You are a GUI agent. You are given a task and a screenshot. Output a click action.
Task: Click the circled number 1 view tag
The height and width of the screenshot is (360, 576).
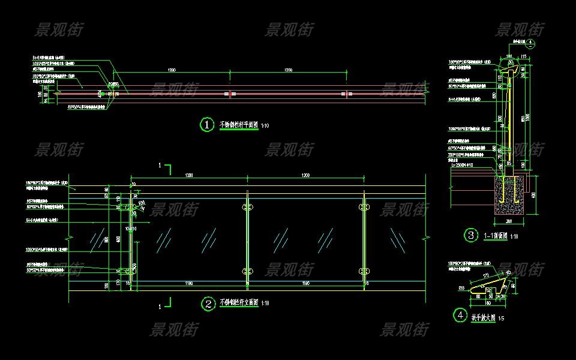pos(206,125)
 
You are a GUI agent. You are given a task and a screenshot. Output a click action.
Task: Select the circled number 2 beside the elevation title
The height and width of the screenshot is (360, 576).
pos(206,304)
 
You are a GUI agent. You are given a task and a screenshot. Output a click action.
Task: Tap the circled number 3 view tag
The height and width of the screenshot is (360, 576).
pos(471,235)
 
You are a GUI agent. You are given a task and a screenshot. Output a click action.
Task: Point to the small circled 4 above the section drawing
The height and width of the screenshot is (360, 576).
pos(530,43)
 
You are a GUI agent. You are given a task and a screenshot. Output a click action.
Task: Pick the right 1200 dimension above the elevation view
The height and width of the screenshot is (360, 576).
pos(305,175)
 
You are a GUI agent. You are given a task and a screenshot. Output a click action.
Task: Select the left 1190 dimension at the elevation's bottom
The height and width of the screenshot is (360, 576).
pos(189,283)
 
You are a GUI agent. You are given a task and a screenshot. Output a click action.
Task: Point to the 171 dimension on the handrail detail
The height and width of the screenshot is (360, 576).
pos(485,275)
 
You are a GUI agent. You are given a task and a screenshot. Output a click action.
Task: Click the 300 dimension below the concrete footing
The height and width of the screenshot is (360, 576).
pos(508,221)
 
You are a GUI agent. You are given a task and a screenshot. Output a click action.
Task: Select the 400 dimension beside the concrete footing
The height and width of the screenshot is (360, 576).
pos(533,193)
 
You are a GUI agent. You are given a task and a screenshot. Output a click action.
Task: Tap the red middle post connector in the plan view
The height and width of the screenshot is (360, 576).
pos(230,94)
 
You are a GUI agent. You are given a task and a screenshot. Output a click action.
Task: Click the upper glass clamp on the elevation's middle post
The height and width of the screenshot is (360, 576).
pos(247,208)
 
